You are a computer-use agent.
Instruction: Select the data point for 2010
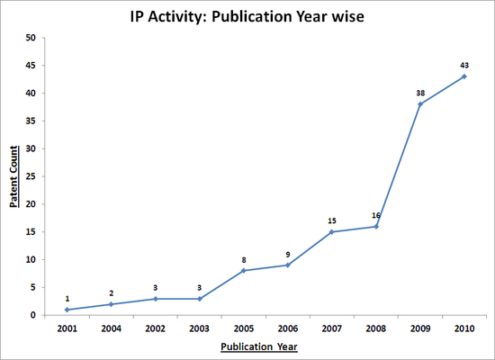(x=464, y=76)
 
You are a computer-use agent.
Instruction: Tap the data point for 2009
(x=420, y=104)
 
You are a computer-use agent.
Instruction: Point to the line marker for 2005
(x=244, y=271)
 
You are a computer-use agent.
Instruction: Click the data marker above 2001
(x=67, y=310)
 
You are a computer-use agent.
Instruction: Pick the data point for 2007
(x=332, y=232)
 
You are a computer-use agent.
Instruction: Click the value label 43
(x=464, y=64)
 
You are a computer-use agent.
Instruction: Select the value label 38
(x=420, y=92)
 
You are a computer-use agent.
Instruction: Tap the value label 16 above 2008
(x=376, y=214)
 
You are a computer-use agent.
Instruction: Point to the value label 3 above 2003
(x=200, y=287)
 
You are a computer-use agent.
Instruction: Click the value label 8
(x=244, y=259)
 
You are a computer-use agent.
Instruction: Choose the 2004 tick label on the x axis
(x=112, y=328)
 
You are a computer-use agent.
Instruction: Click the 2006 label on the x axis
(x=288, y=328)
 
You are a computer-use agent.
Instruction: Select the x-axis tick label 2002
(x=156, y=328)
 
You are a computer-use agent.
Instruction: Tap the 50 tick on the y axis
(x=31, y=38)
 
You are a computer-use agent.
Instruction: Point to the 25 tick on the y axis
(x=31, y=176)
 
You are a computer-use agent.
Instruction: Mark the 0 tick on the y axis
(x=34, y=315)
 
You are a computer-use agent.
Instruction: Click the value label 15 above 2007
(x=332, y=220)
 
